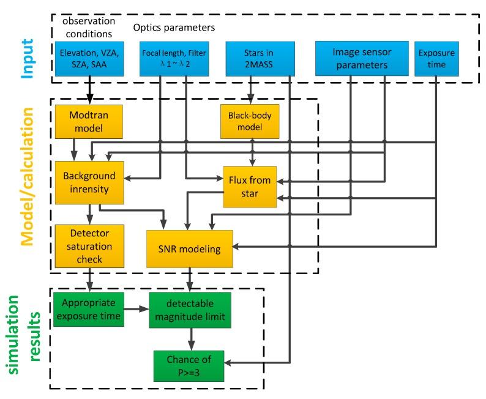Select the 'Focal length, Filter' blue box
(173, 59)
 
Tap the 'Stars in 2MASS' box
(252, 59)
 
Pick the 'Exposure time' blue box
(436, 59)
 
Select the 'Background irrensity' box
(89, 182)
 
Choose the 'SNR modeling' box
(190, 250)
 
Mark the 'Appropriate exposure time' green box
(89, 310)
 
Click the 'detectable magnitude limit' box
(190, 310)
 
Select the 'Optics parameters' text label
(174, 28)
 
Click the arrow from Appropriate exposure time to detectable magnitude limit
(136, 310)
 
